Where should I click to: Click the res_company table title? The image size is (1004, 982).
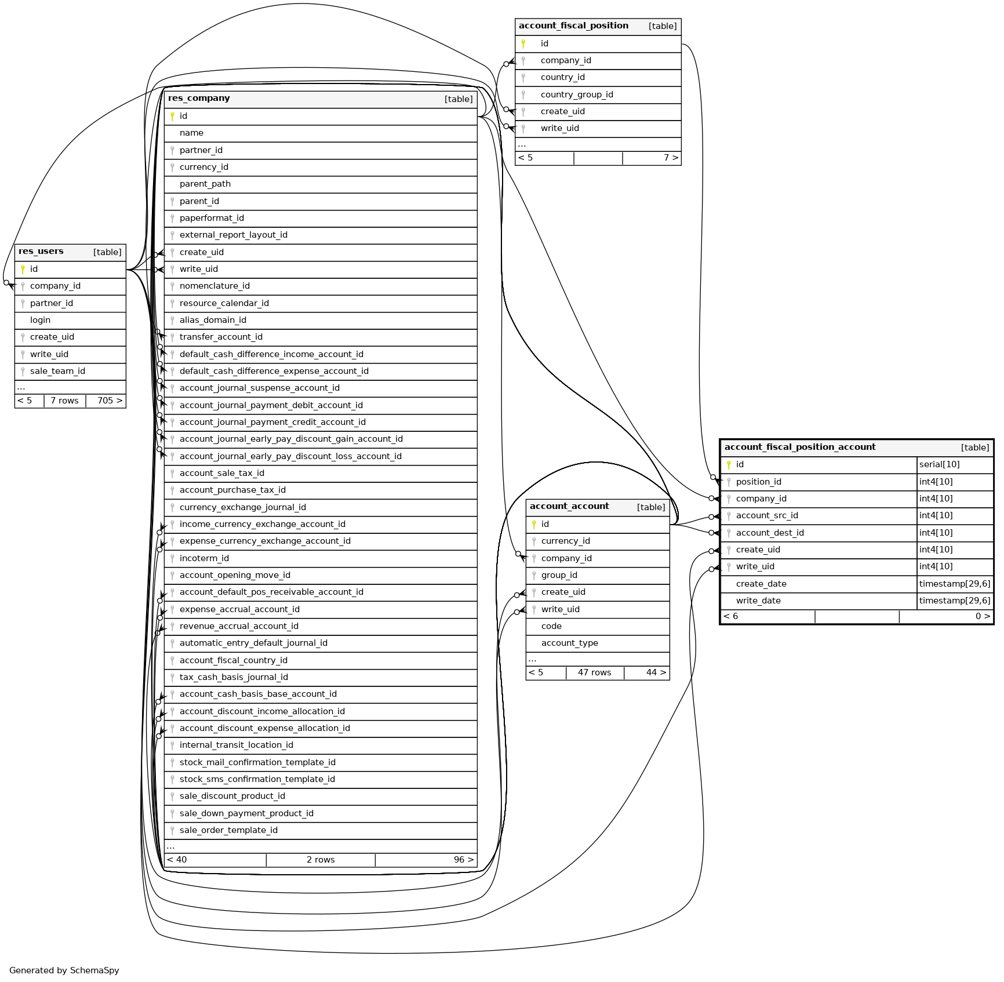click(199, 99)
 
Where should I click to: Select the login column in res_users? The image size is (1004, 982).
click(40, 320)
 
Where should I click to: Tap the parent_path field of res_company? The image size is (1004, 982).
click(205, 184)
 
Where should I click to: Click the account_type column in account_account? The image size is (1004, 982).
click(569, 643)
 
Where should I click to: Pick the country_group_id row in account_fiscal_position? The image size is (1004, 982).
click(576, 94)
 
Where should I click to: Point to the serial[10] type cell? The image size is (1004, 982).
click(939, 464)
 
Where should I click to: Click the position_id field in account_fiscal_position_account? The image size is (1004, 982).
click(758, 482)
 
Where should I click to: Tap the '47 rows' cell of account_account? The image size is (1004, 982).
click(594, 672)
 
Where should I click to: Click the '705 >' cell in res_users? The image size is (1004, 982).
click(109, 401)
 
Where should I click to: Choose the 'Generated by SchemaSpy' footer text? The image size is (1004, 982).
click(64, 970)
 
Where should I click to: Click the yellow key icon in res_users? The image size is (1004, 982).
click(23, 269)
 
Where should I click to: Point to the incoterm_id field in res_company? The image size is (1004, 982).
click(204, 558)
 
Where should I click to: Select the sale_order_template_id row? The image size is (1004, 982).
click(228, 830)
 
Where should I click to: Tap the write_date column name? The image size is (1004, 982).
click(758, 601)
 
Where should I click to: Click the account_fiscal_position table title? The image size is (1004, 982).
click(573, 26)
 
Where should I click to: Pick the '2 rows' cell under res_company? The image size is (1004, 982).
click(321, 860)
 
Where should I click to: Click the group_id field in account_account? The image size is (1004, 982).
click(559, 575)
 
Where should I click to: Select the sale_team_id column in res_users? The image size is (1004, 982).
click(57, 371)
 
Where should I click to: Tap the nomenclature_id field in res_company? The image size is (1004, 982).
click(214, 286)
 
